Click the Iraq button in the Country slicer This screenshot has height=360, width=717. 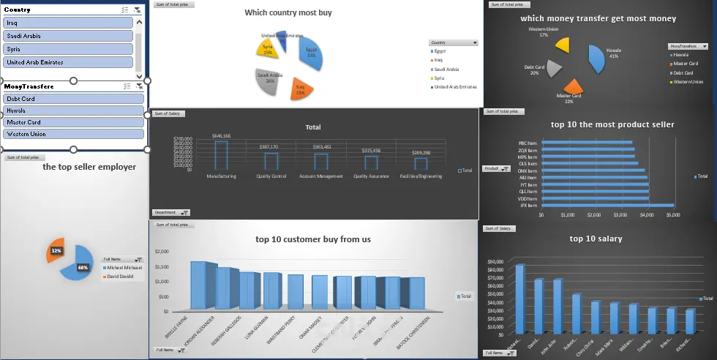point(68,23)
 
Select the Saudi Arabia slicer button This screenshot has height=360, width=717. point(68,36)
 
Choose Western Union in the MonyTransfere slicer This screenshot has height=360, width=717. point(72,134)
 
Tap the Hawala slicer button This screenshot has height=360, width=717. point(72,110)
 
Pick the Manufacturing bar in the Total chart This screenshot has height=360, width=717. point(221,155)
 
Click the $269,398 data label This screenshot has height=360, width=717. point(421,152)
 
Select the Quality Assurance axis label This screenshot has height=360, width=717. point(371,176)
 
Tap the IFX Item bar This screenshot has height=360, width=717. point(607,206)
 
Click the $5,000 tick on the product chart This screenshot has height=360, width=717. point(673,216)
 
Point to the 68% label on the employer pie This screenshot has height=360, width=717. point(83,268)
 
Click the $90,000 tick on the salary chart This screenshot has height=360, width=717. point(495,260)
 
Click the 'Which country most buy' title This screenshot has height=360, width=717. point(288,12)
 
